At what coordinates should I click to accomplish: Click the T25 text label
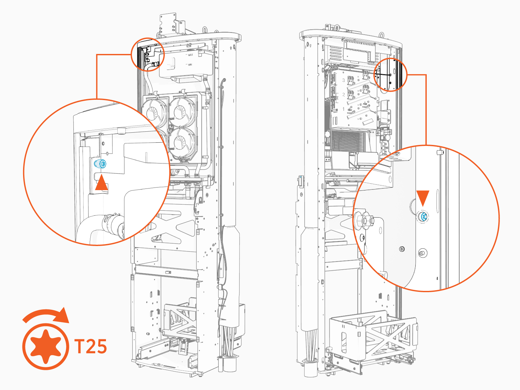[x=91, y=346]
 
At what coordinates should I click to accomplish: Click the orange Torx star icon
[x=45, y=346]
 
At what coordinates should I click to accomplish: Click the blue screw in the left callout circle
[x=100, y=164]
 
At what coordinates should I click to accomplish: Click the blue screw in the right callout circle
[x=423, y=216]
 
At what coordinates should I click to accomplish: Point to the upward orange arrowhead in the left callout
[x=101, y=183]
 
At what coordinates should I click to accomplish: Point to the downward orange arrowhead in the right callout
[x=423, y=198]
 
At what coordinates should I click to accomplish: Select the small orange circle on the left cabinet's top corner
[x=148, y=54]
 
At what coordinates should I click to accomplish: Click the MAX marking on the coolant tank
[x=190, y=55]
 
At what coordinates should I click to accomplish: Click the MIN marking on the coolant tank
[x=190, y=65]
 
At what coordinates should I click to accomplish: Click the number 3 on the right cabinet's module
[x=343, y=80]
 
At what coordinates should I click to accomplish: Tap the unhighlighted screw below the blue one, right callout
[x=422, y=253]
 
